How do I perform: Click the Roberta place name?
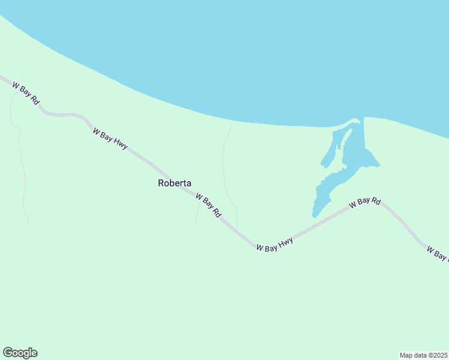click(175, 183)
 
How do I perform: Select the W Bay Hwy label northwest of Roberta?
click(110, 138)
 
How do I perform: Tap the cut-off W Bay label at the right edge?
click(437, 254)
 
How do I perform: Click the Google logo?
click(20, 353)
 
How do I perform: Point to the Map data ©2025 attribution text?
click(423, 355)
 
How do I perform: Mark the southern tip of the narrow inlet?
click(315, 215)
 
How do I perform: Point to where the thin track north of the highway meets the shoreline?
click(231, 124)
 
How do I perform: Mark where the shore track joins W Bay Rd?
click(237, 230)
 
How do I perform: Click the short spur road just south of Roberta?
click(197, 213)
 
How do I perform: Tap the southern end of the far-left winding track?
click(28, 223)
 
